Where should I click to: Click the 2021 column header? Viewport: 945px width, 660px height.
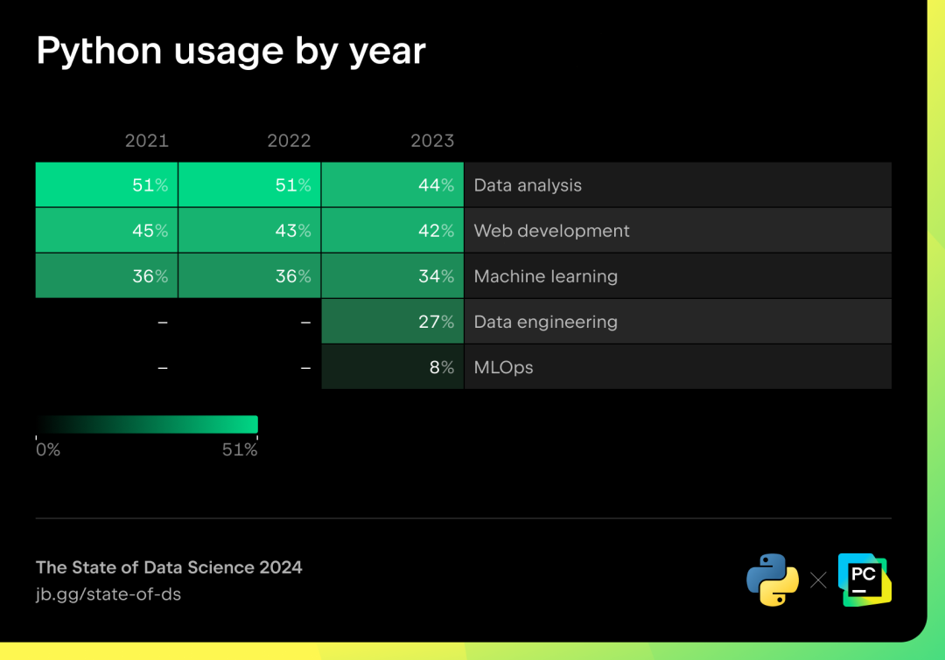click(x=146, y=141)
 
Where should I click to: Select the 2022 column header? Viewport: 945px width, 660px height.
click(x=289, y=141)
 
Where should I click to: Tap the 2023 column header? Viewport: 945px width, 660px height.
click(x=432, y=141)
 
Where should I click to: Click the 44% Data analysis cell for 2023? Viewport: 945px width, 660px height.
click(x=392, y=184)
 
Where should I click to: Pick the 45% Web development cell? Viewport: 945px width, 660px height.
click(x=107, y=231)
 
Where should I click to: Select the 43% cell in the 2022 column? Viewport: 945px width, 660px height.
click(x=249, y=231)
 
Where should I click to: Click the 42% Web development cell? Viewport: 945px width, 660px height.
click(x=392, y=231)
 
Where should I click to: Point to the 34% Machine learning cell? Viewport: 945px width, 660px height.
click(x=392, y=276)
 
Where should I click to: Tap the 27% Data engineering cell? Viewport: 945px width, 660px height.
click(x=392, y=322)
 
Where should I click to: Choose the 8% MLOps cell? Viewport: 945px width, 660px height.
click(x=392, y=367)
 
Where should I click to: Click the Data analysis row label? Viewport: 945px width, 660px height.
click(x=528, y=185)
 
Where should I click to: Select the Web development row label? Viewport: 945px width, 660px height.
click(x=551, y=231)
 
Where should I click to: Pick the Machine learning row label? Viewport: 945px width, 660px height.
click(x=545, y=276)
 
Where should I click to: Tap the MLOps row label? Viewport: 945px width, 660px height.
click(x=503, y=367)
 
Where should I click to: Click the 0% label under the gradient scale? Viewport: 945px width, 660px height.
click(x=47, y=450)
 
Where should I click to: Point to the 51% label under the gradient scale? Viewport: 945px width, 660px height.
click(x=239, y=450)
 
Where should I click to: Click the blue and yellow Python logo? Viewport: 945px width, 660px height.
click(x=773, y=580)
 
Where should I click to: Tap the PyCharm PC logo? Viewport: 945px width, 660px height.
click(x=864, y=580)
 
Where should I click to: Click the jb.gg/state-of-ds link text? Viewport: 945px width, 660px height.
click(x=108, y=594)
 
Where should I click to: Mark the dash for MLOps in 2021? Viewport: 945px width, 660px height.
click(x=163, y=368)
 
